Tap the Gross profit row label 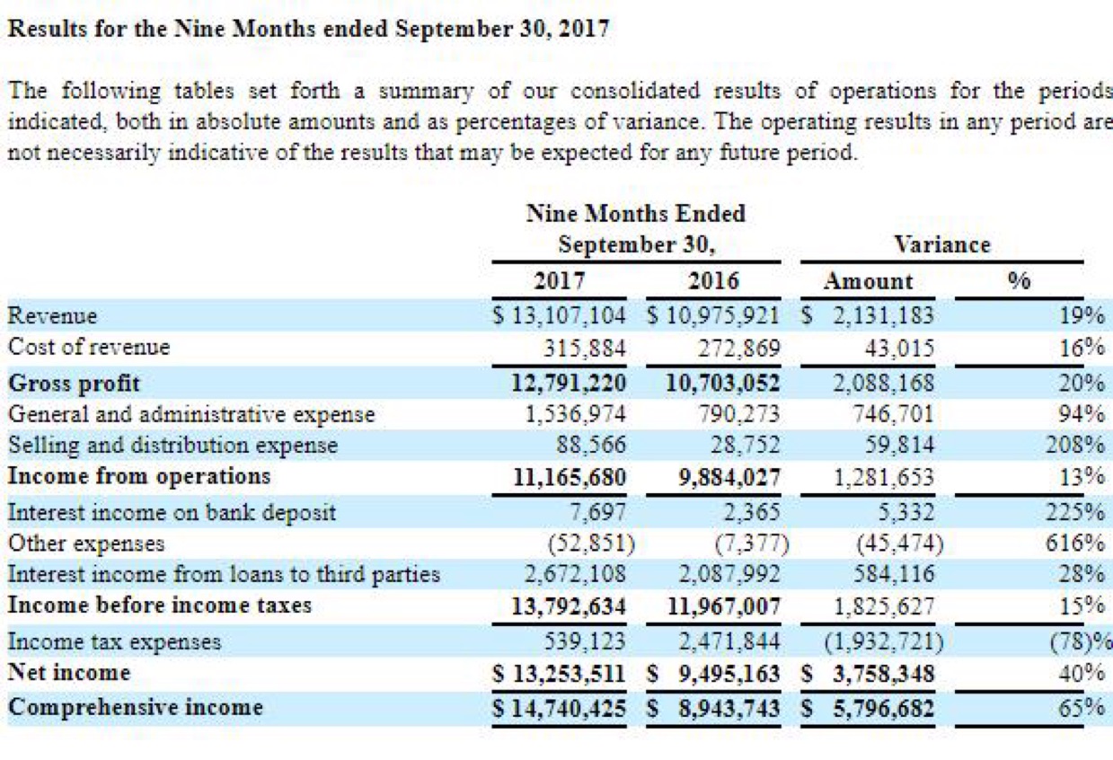pos(75,384)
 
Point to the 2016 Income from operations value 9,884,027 pos(729,475)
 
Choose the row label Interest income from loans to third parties pos(224,574)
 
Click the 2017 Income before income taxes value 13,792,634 pos(568,605)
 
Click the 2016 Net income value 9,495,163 pos(729,673)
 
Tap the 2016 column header pos(714,281)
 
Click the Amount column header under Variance pos(868,281)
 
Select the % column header pos(1018,281)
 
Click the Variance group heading pos(941,244)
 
